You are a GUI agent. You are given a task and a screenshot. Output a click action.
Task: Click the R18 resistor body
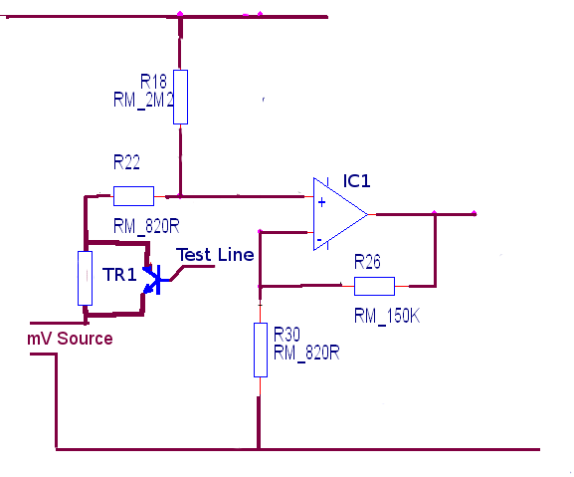click(x=180, y=97)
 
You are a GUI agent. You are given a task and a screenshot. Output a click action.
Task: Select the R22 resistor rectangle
click(x=133, y=196)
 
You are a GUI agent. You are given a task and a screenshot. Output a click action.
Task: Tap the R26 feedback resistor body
click(x=374, y=286)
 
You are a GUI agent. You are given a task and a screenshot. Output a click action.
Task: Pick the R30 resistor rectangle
click(x=261, y=350)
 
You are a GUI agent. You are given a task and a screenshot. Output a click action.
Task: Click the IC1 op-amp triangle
click(x=340, y=214)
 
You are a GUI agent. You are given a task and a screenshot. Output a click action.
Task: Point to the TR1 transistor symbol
click(x=153, y=280)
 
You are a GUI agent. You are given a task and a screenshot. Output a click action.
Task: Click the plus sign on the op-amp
click(x=321, y=202)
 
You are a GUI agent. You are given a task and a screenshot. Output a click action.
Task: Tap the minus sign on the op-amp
click(x=319, y=240)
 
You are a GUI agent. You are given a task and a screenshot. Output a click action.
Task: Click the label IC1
click(x=356, y=181)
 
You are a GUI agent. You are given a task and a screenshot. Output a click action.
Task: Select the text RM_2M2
click(x=143, y=100)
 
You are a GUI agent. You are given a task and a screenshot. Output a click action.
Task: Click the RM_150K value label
click(x=387, y=316)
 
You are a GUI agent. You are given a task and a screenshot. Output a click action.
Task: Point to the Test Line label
click(x=215, y=255)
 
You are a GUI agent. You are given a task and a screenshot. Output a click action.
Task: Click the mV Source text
click(x=70, y=339)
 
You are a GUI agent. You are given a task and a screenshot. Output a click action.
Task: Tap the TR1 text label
click(x=119, y=275)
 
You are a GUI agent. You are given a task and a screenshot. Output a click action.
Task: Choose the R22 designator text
click(x=126, y=162)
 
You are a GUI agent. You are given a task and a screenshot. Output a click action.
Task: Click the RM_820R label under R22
click(x=146, y=226)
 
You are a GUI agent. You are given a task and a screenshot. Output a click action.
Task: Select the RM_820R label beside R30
click(x=306, y=353)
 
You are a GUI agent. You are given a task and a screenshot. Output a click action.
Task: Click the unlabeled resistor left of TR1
click(x=85, y=278)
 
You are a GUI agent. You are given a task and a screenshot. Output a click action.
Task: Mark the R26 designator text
click(x=367, y=262)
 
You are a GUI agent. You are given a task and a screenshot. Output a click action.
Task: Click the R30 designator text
click(x=287, y=335)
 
